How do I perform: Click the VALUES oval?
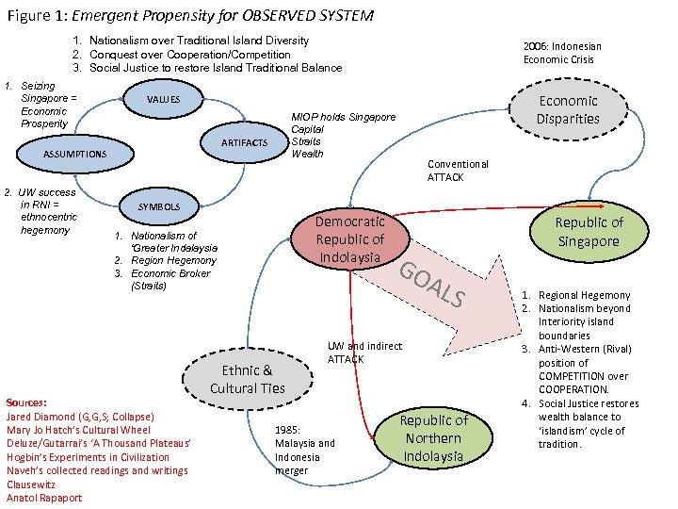164,100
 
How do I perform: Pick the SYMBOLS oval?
159,206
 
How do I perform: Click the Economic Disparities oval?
568,109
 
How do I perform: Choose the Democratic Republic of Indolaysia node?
350,238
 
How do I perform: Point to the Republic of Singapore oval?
588,231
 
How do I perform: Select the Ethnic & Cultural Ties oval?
247,379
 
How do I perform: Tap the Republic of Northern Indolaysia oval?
433,437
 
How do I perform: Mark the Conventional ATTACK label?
458,171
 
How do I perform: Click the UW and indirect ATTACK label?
363,353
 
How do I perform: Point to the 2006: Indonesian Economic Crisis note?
562,52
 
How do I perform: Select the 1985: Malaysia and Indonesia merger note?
304,450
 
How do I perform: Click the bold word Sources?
26,402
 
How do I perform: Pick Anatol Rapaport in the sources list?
44,498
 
